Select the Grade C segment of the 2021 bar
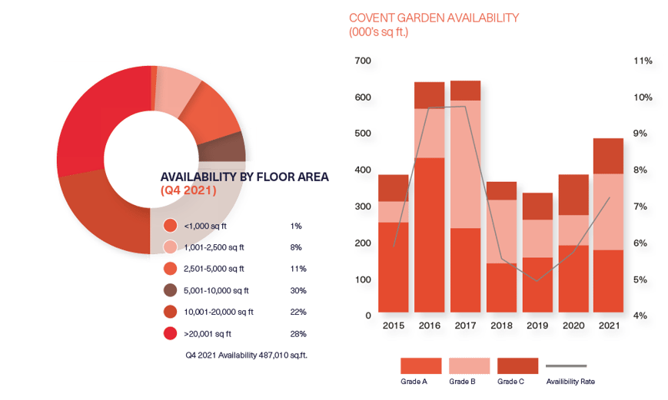pos(608,156)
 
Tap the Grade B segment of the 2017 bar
pos(465,164)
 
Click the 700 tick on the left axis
pos(364,61)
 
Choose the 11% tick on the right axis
pos(643,61)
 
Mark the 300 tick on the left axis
pos(364,207)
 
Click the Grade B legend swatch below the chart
pos(469,365)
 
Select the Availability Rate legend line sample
pos(566,366)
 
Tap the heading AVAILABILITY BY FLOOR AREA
pos(244,177)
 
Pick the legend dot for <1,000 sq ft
pos(171,226)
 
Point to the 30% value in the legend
pos(298,290)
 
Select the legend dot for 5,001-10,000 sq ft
pos(171,290)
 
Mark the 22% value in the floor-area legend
pos(298,312)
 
